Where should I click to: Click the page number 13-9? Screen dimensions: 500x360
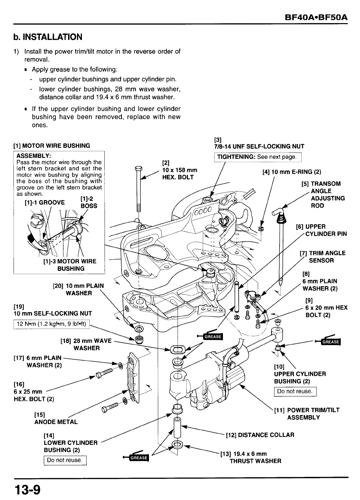(x=27, y=490)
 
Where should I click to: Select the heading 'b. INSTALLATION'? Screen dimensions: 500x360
(x=48, y=37)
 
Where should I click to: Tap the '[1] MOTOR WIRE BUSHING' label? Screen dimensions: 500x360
(x=52, y=146)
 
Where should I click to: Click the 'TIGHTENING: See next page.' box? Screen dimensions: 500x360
(x=257, y=157)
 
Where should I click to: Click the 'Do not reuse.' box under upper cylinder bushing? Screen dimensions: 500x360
(x=295, y=391)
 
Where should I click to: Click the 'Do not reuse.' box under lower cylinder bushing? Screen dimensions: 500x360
(x=65, y=460)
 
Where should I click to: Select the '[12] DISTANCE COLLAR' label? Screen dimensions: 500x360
(x=260, y=435)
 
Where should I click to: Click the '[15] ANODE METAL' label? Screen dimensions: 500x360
(x=56, y=418)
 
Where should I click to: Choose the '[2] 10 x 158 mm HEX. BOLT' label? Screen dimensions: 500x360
(x=179, y=170)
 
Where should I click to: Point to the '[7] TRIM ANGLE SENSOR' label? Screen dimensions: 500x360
(x=322, y=257)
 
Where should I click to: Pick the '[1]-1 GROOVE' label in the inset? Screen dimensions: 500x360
(x=45, y=202)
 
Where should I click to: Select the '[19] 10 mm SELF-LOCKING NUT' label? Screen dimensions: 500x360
(x=53, y=310)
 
